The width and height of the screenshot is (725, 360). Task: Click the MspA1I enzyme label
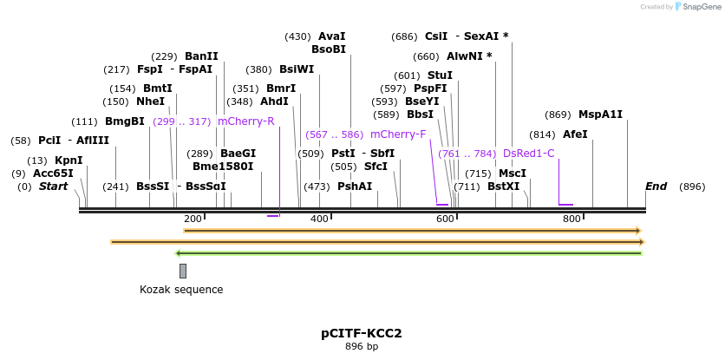pos(600,115)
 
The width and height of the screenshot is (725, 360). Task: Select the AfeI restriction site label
pos(575,134)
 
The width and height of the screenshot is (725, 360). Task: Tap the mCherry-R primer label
pos(246,121)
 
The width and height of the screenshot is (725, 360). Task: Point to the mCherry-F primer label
pos(398,134)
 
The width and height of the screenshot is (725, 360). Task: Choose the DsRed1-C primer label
pos(528,154)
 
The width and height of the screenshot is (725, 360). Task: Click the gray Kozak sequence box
pos(183,271)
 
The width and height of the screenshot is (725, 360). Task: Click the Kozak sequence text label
pos(181,289)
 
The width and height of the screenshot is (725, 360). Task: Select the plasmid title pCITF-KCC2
pos(362,333)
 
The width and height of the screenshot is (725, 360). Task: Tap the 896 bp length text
pos(362,346)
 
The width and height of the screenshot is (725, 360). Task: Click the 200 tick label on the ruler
pos(193,219)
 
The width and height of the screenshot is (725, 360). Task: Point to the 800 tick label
pos(572,219)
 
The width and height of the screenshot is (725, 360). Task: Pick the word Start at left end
pos(53,187)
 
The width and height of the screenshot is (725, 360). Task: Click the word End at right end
pos(656,187)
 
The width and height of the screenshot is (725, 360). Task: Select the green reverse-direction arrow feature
pos(408,252)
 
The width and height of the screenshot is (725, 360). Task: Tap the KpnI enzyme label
pos(69,160)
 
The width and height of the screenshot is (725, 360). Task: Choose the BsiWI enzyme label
pos(297,69)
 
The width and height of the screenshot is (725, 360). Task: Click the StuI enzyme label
pos(440,75)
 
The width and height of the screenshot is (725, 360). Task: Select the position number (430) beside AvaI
pos(297,36)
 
